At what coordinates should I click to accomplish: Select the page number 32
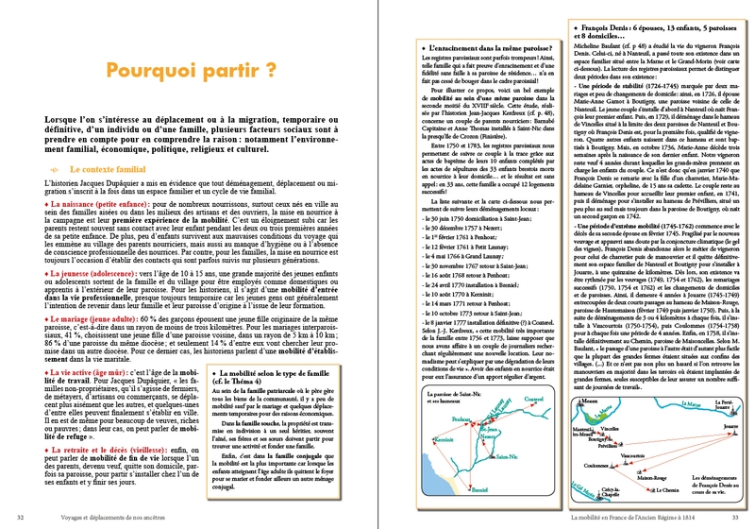point(21,516)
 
